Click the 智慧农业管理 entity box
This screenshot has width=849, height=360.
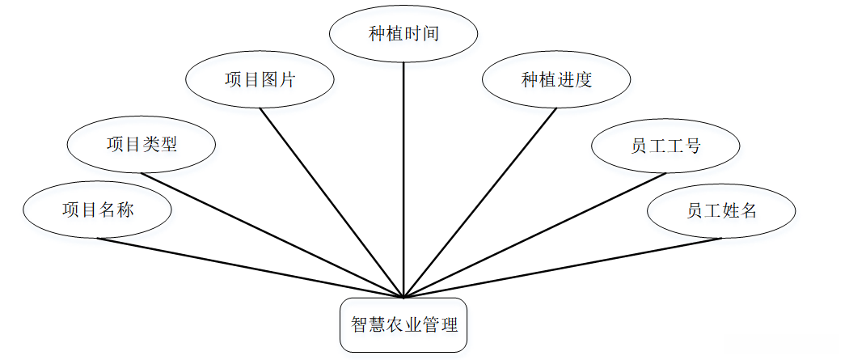pos(403,325)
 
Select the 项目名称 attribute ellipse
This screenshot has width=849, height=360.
pos(98,210)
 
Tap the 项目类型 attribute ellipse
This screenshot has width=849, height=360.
pos(141,145)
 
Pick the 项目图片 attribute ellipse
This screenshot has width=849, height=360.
pos(260,79)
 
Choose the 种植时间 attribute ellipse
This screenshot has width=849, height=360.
pos(403,33)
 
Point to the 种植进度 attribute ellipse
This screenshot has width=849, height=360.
pos(556,79)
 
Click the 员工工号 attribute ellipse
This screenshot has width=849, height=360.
pos(665,145)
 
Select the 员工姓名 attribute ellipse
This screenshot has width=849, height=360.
pos(721,210)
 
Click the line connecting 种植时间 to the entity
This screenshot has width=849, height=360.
pos(403,180)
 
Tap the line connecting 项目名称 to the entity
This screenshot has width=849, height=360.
pos(250,268)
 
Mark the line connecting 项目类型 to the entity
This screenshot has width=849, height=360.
pos(272,235)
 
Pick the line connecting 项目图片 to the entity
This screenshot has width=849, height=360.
pos(332,203)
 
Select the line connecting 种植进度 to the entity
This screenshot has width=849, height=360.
pos(480,203)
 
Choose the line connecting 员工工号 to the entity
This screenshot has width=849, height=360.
pos(535,235)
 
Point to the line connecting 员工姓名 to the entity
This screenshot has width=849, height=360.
pos(563,268)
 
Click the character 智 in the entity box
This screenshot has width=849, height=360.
pos(360,325)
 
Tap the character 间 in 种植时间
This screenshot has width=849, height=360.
pos(430,33)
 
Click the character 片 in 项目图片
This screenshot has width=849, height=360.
pos(287,79)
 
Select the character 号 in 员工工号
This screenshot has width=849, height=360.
pos(692,146)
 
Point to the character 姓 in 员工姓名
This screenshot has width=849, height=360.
pos(730,210)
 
